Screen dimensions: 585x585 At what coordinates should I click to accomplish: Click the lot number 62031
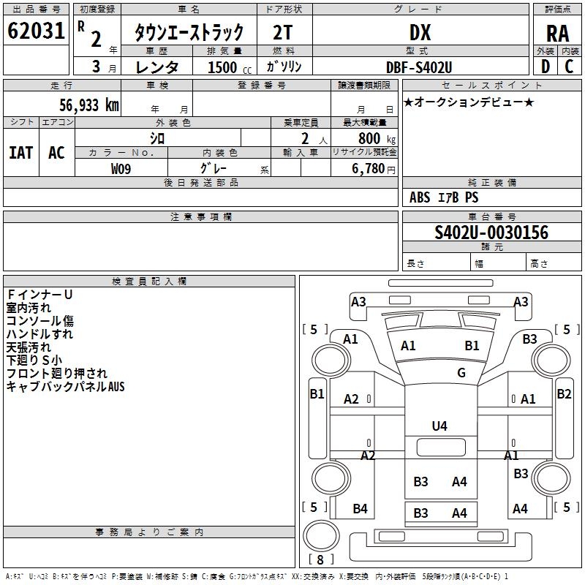click(x=35, y=32)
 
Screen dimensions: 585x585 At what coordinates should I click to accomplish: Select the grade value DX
click(x=420, y=32)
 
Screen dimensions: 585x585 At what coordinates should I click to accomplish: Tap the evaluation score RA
click(x=557, y=34)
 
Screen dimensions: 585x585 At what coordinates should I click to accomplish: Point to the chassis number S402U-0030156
click(x=491, y=233)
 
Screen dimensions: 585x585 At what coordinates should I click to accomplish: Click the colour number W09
click(x=121, y=168)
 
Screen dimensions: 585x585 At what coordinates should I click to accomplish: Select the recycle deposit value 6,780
click(x=372, y=169)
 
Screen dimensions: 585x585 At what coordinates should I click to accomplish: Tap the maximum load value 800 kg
click(x=376, y=138)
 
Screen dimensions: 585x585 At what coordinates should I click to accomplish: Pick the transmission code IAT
click(x=21, y=153)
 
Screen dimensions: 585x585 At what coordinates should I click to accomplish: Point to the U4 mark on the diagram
click(x=439, y=426)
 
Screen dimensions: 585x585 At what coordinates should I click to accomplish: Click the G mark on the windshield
click(x=461, y=373)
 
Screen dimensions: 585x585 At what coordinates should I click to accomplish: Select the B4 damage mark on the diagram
click(x=360, y=509)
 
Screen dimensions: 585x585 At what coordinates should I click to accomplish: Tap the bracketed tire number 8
click(x=320, y=560)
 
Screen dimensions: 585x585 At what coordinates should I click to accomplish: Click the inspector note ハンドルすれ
click(x=39, y=334)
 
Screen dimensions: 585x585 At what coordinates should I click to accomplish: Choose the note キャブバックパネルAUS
click(x=66, y=387)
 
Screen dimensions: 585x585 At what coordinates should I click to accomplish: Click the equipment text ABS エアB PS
click(x=444, y=197)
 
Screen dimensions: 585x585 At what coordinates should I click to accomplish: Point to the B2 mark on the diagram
click(x=564, y=394)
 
